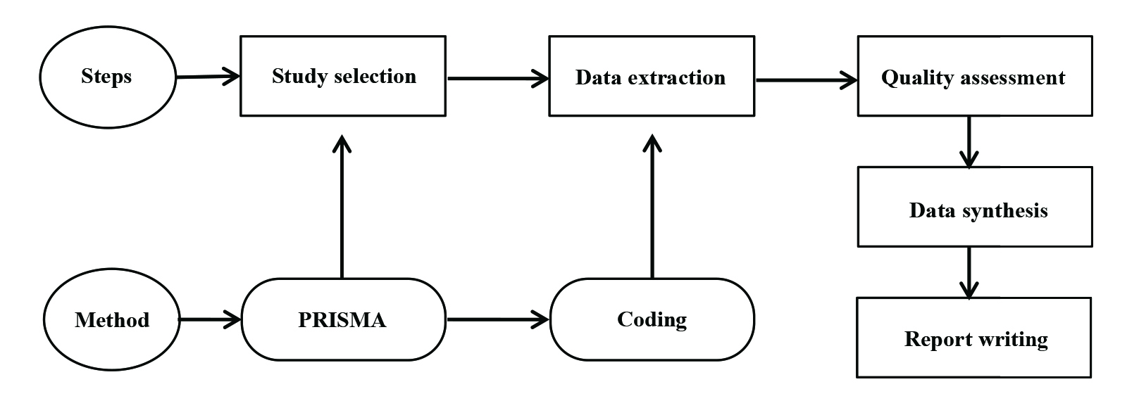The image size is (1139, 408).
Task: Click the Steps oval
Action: pos(107,77)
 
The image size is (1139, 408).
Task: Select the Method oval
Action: pos(111,320)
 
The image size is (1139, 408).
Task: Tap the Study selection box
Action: pos(343,76)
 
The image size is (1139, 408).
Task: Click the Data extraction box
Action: pos(651,77)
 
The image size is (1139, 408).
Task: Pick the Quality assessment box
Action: pos(974,77)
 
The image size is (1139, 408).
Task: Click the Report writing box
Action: pos(974,338)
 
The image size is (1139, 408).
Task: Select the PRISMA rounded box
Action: pos(343,320)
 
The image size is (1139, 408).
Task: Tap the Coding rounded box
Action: pos(652,320)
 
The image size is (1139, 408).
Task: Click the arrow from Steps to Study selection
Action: pos(208,77)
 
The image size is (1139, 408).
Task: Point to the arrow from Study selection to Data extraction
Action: pos(497,78)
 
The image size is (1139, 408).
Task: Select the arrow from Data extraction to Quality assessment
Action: pos(806,79)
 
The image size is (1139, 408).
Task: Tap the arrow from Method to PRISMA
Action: pos(210,320)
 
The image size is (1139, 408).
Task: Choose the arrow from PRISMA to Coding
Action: pos(497,320)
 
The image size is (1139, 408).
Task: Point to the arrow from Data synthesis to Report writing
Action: pos(969,272)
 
